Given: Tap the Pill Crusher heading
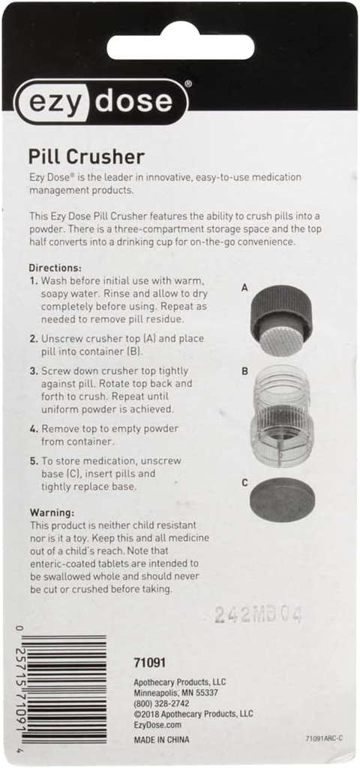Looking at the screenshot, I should tap(85, 157).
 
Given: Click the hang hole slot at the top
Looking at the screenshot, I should tap(181, 46).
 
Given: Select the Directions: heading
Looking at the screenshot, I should tap(55, 268).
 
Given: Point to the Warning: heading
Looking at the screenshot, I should tap(52, 511).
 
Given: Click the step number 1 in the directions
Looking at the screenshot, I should tap(33, 280).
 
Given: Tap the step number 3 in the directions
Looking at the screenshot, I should tap(33, 370).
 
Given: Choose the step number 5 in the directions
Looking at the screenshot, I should tap(33, 460).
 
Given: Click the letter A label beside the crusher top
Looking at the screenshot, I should tap(244, 287).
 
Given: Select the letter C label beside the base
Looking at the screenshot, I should tap(244, 482).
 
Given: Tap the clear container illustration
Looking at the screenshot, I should tap(280, 417).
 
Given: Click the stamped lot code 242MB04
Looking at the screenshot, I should tap(258, 615).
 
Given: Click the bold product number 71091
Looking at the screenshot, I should tap(149, 663).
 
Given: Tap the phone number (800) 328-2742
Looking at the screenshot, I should tap(161, 703).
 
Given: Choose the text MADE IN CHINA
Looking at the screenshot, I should tap(161, 739).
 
